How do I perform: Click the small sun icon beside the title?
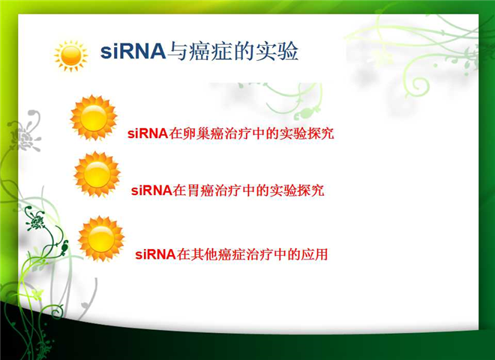(x=70, y=56)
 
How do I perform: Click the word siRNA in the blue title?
(x=133, y=51)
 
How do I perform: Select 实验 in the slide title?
(x=277, y=51)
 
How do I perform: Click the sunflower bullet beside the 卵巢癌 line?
(x=94, y=118)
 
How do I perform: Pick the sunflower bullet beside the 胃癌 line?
(x=97, y=174)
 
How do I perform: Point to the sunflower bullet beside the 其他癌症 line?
(x=101, y=238)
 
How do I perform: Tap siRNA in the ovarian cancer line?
(x=148, y=133)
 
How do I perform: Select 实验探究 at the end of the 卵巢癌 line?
(x=307, y=133)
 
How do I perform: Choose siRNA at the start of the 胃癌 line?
(x=151, y=190)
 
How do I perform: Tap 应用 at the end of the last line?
(x=314, y=254)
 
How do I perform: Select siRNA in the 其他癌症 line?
(x=156, y=254)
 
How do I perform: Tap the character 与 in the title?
(x=177, y=51)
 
